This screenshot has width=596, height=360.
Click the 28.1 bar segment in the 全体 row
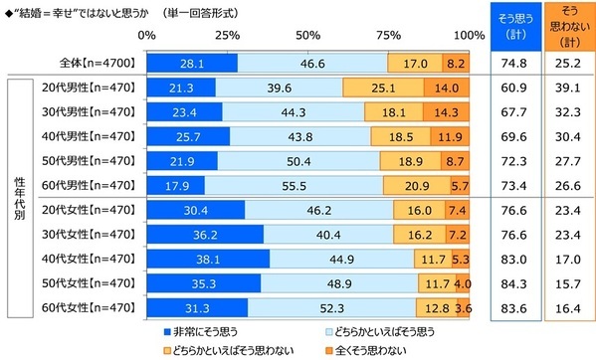click(x=191, y=62)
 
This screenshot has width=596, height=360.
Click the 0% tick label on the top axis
click(x=147, y=35)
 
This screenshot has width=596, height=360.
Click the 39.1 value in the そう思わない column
click(x=564, y=88)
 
